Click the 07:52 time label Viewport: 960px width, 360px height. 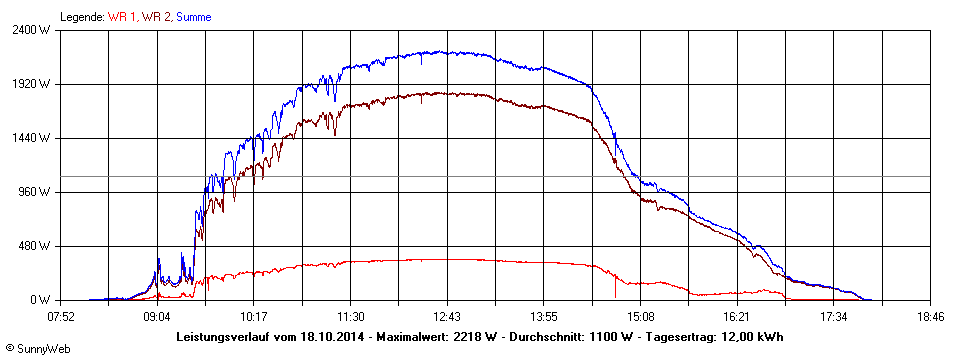[61, 316]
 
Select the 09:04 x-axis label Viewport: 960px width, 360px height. [157, 316]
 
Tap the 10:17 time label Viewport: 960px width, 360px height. [254, 316]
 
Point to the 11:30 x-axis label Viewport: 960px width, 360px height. [350, 316]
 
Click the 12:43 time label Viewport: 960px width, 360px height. [447, 316]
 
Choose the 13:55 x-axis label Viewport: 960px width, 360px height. [544, 316]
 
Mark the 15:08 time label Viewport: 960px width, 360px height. [640, 316]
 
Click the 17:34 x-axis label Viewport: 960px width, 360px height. [833, 316]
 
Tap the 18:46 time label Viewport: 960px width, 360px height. [930, 316]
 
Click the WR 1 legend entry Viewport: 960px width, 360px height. [123, 17]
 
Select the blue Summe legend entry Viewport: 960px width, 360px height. [193, 17]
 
